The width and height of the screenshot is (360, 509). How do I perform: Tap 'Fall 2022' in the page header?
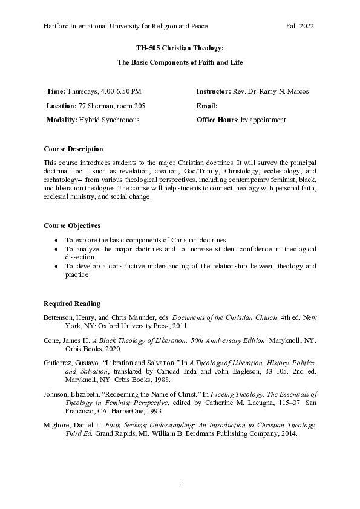(x=299, y=26)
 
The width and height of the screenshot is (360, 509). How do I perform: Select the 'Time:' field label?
(x=56, y=91)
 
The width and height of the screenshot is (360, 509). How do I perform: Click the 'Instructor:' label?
(x=213, y=91)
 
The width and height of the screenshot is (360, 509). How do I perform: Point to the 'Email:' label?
(x=207, y=105)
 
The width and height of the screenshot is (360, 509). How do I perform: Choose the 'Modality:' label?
(x=62, y=120)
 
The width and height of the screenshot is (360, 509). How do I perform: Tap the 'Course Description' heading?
(x=74, y=149)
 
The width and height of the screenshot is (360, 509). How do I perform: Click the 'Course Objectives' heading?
(x=72, y=225)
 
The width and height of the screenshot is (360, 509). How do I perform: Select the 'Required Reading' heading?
(x=72, y=303)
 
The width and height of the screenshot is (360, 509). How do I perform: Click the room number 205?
(x=139, y=105)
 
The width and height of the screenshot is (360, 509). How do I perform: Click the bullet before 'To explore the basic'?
(x=56, y=240)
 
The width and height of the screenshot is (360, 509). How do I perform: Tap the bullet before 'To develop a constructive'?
(x=56, y=266)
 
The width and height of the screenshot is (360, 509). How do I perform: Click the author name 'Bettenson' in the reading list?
(x=61, y=317)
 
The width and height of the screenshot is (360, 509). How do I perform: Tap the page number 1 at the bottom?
(x=180, y=483)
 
